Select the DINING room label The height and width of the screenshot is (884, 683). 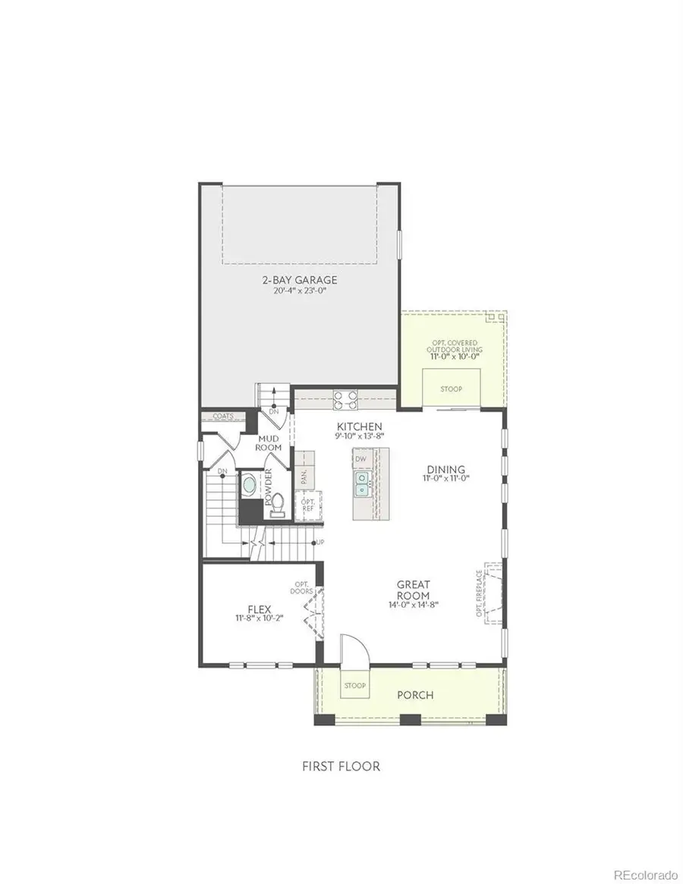(x=445, y=470)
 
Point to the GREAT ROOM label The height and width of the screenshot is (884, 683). (x=414, y=589)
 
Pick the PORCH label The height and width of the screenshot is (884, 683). (x=415, y=695)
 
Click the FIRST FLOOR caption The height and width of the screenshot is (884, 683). (x=341, y=766)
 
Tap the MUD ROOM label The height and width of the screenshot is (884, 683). (x=269, y=443)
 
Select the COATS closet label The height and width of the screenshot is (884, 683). (x=222, y=416)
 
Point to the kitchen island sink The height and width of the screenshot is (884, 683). (x=363, y=483)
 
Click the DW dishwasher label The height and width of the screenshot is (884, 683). (x=361, y=459)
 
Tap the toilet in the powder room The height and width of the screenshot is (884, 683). (x=278, y=502)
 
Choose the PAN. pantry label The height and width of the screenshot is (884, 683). (x=304, y=477)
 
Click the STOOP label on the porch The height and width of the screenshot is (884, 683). (x=354, y=686)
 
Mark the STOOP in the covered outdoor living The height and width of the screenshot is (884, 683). (x=451, y=389)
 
